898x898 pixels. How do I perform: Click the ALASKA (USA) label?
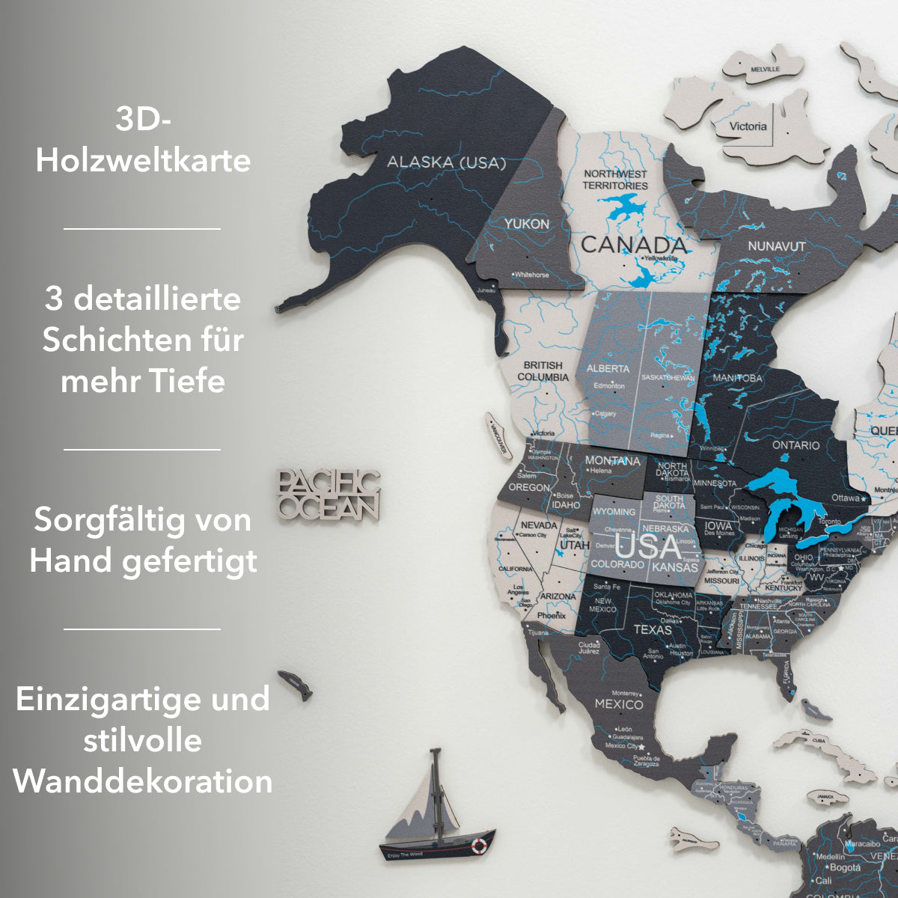[x=446, y=162]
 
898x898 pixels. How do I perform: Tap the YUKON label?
[x=526, y=223]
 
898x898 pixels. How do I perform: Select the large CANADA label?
[x=633, y=244]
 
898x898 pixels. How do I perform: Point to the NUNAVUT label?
[x=777, y=246]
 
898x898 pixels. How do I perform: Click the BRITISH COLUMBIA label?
[x=543, y=370]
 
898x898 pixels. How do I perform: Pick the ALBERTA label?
[x=608, y=369]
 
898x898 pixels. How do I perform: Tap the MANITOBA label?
[x=737, y=378]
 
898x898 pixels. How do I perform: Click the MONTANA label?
[x=612, y=460]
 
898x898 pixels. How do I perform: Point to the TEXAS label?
[x=653, y=629]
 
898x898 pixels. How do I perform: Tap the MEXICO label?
[x=619, y=704]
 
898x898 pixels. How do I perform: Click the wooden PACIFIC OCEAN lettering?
[x=328, y=495]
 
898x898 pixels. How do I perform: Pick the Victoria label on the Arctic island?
[x=748, y=126]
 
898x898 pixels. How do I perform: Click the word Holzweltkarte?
[x=143, y=161]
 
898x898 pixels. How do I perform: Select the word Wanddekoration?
[x=143, y=782]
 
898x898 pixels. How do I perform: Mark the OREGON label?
[x=529, y=487]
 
